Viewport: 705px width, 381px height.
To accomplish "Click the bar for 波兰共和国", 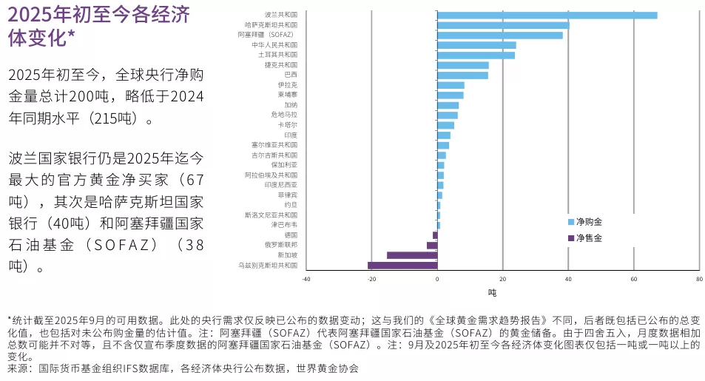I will click(547, 15).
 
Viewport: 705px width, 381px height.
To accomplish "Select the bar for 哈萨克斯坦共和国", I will click(503, 25).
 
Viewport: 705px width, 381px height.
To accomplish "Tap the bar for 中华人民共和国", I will click(476, 45).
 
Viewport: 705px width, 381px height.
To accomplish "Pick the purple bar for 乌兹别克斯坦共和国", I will click(402, 265).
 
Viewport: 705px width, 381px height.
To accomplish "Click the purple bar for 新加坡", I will click(412, 255).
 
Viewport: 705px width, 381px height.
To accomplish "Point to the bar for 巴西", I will click(462, 75).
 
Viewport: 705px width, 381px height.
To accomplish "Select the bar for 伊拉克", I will click(451, 85).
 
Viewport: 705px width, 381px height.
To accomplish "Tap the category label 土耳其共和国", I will click(277, 55).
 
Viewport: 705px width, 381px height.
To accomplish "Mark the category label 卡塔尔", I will click(288, 125).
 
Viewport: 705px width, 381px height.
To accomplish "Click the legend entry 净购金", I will click(589, 222).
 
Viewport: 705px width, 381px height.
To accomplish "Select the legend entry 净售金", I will click(589, 237).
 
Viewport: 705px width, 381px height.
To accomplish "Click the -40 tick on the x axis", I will click(306, 280).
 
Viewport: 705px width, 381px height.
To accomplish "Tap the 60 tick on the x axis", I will click(633, 280).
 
